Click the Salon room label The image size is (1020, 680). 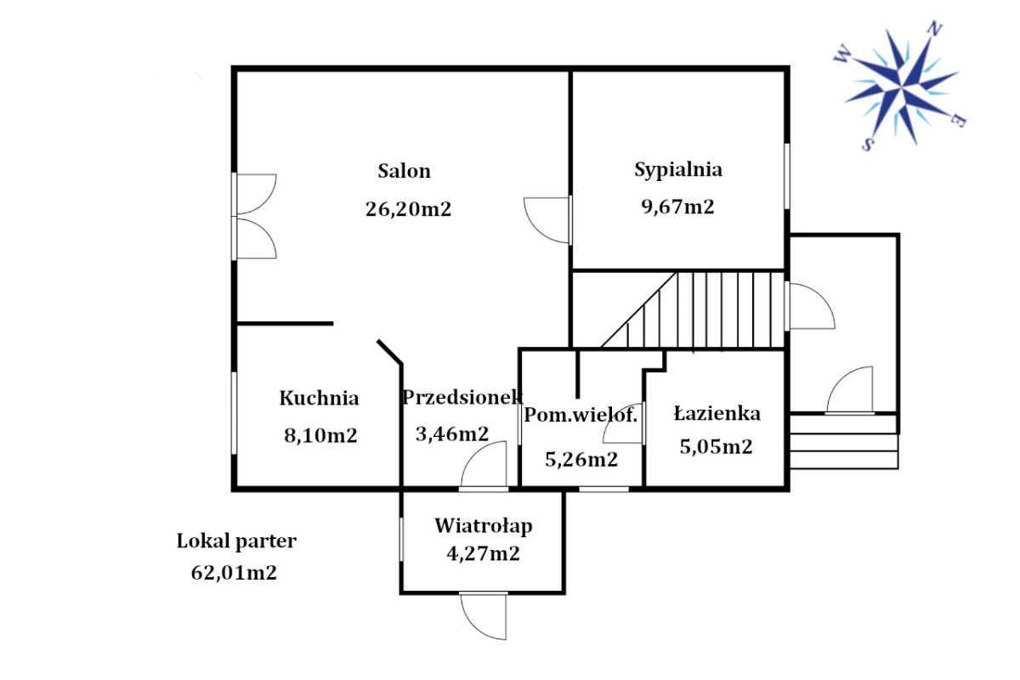pyautogui.click(x=404, y=171)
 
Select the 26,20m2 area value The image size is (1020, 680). pyautogui.click(x=409, y=209)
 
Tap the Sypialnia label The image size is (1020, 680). pyautogui.click(x=678, y=170)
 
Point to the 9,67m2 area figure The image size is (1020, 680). pyautogui.click(x=677, y=207)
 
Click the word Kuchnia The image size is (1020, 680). pyautogui.click(x=320, y=398)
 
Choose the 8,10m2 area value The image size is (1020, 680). pyautogui.click(x=320, y=436)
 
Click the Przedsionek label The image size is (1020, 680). pyautogui.click(x=462, y=397)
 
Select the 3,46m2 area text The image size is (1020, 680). pyautogui.click(x=452, y=434)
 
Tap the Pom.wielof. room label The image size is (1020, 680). pyautogui.click(x=580, y=415)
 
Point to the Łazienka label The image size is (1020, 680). pyautogui.click(x=717, y=414)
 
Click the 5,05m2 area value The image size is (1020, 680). pyautogui.click(x=717, y=447)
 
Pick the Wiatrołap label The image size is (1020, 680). pyautogui.click(x=484, y=526)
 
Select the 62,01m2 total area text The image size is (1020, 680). pyautogui.click(x=234, y=573)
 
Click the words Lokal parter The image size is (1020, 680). pyautogui.click(x=237, y=541)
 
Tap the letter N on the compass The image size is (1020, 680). pyautogui.click(x=935, y=29)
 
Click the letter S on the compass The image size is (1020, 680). pyautogui.click(x=868, y=144)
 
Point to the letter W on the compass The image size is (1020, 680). pyautogui.click(x=842, y=54)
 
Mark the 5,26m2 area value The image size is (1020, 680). pyautogui.click(x=581, y=460)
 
